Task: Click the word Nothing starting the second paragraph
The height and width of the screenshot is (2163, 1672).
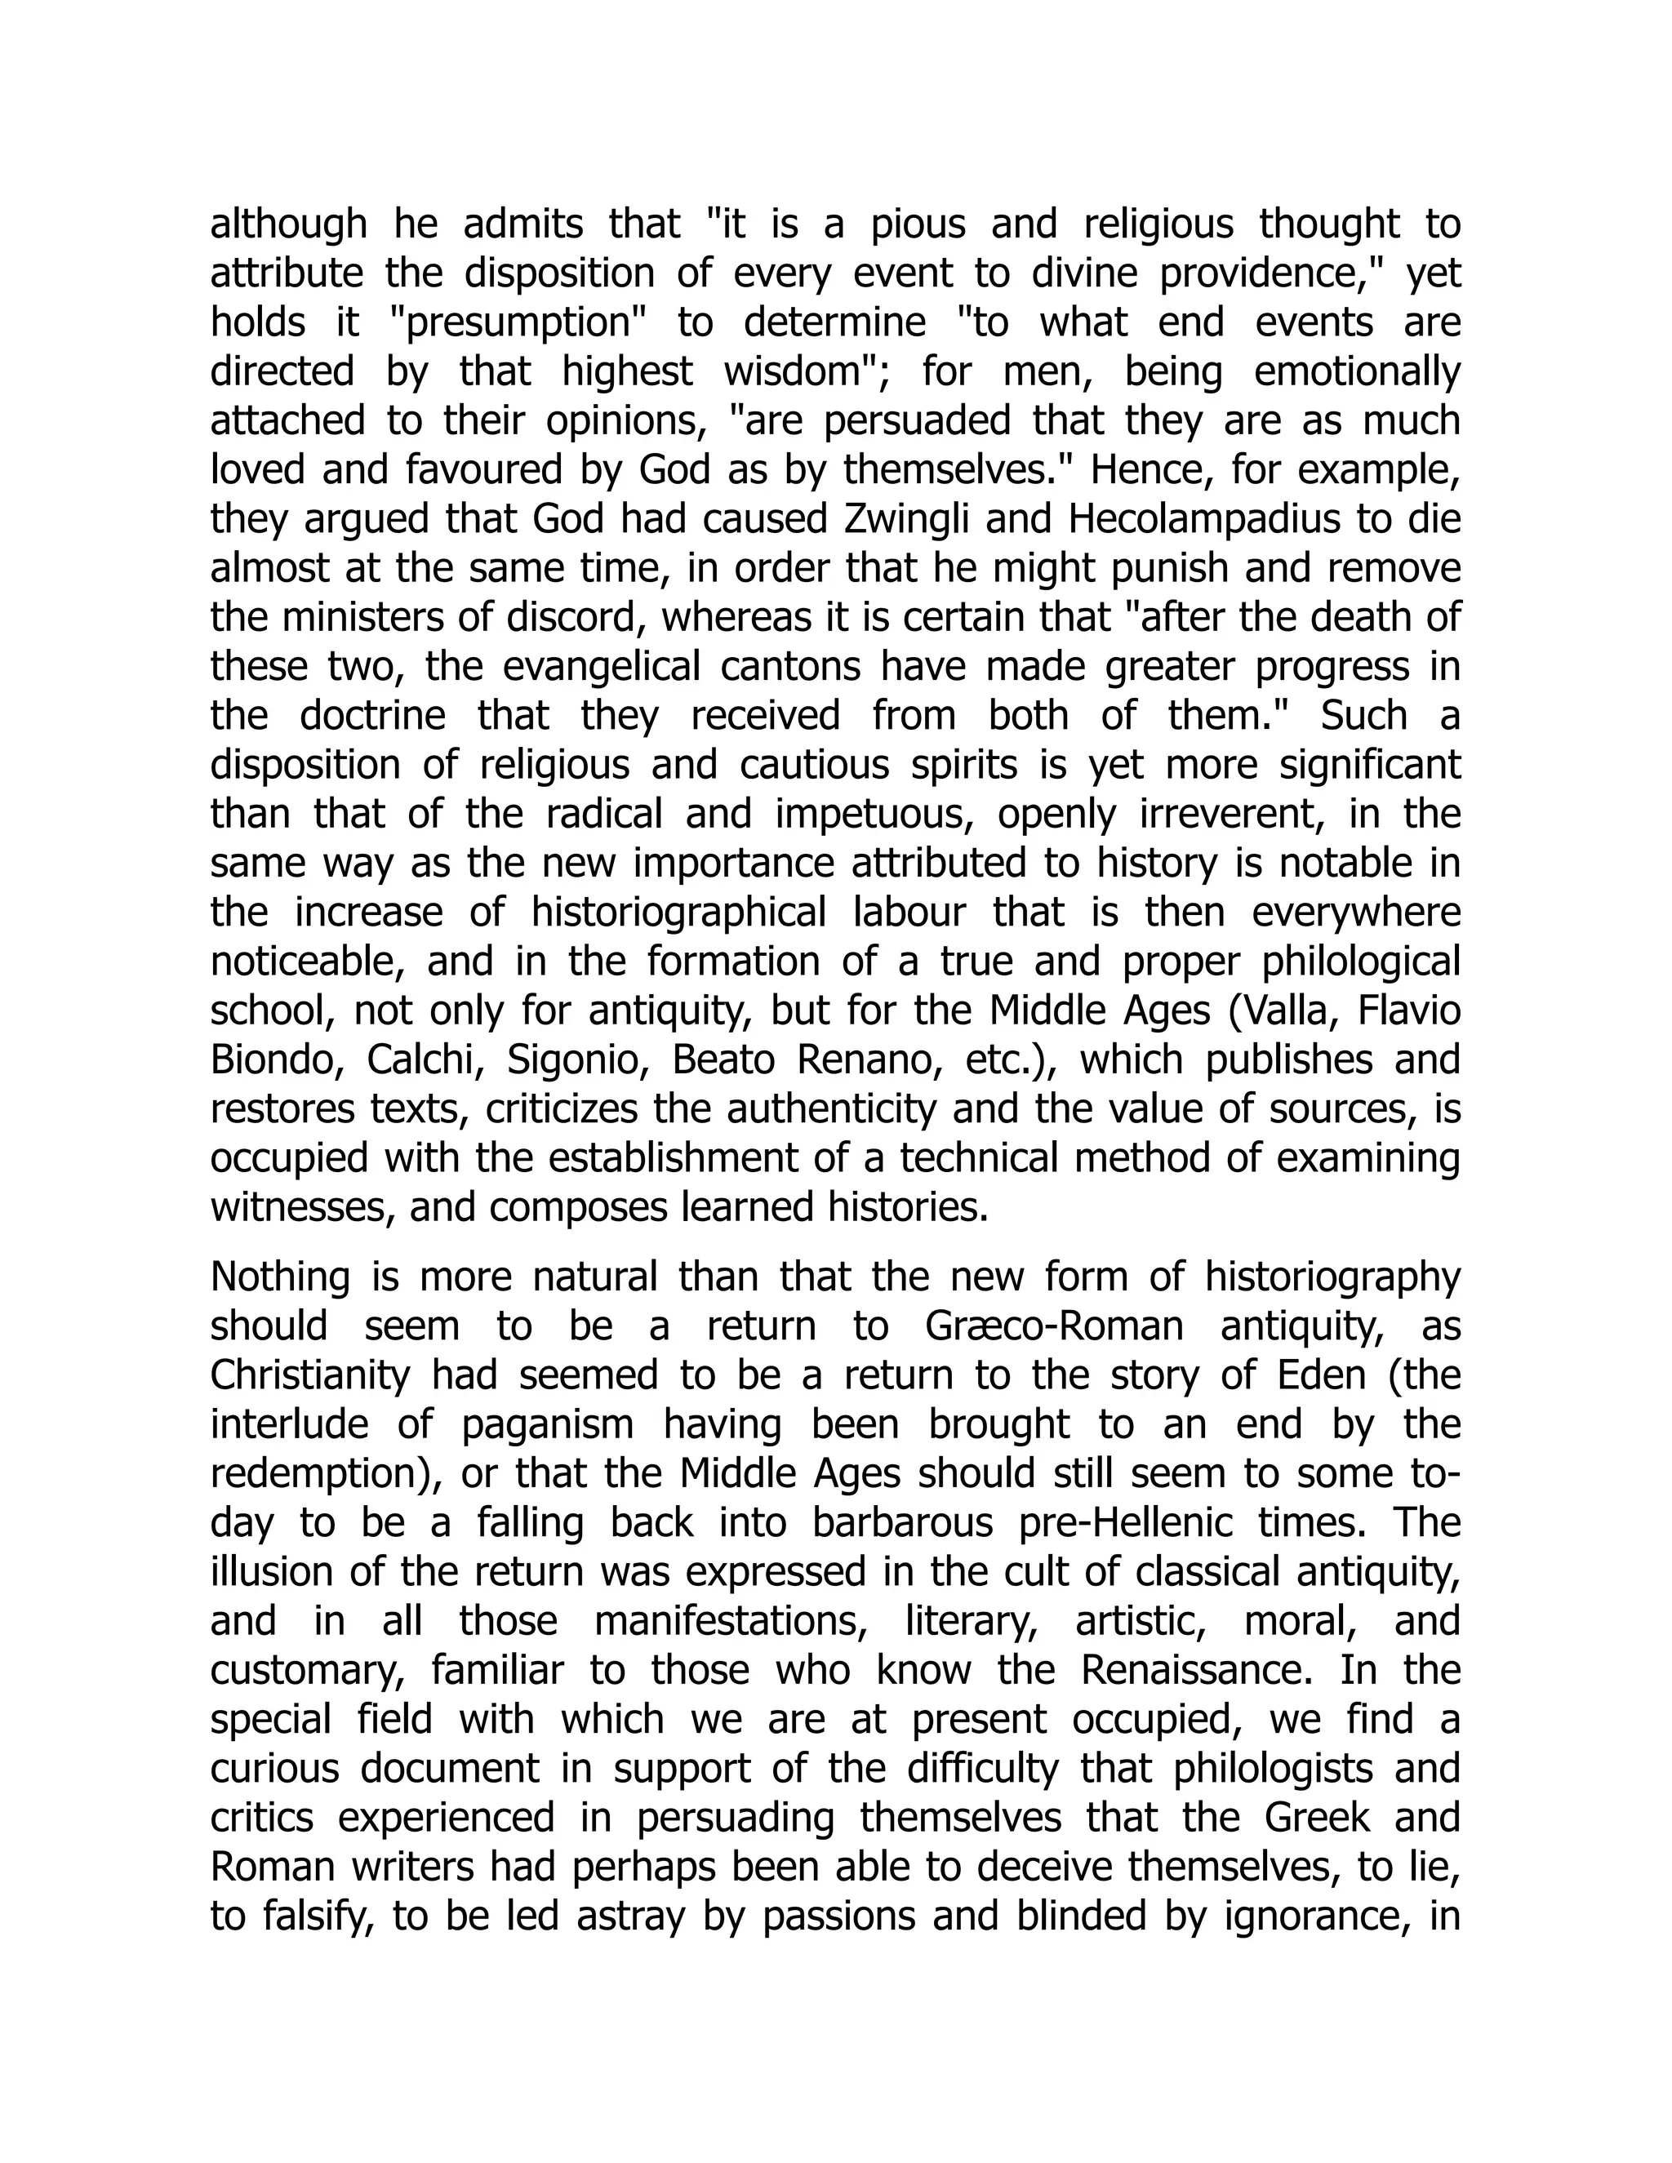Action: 280,1277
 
